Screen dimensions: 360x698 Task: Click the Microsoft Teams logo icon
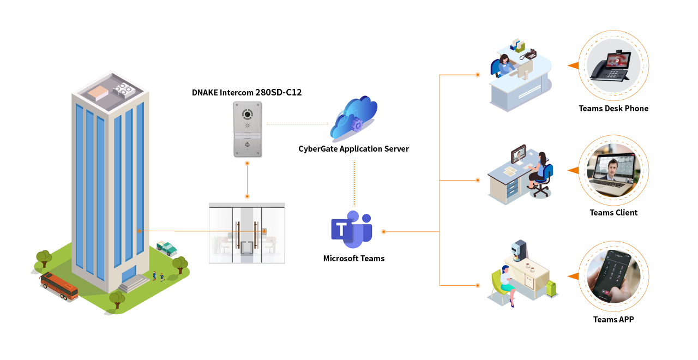(351, 229)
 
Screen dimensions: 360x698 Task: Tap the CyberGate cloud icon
(353, 119)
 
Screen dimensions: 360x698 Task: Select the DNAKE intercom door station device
(248, 129)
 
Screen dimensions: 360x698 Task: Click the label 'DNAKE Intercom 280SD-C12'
(246, 93)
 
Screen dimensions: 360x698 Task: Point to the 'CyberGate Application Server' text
(353, 148)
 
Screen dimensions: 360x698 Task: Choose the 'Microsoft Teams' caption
(353, 259)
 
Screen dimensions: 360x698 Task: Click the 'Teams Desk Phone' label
(613, 109)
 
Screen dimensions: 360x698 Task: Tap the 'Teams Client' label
(613, 213)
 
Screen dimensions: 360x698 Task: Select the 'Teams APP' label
(613, 320)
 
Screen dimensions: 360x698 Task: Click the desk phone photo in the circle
(613, 65)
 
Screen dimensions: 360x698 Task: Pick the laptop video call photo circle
(613, 170)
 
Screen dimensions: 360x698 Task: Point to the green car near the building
(167, 248)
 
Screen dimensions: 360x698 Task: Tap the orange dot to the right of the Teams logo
(383, 232)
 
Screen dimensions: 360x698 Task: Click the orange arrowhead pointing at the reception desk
(573, 65)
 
